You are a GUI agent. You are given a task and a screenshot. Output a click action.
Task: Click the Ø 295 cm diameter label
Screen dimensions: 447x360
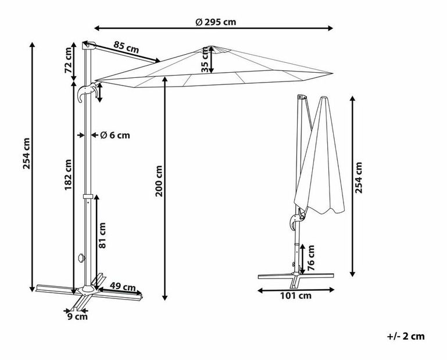point(216,22)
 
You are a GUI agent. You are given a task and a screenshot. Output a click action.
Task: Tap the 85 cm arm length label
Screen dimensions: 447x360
point(126,47)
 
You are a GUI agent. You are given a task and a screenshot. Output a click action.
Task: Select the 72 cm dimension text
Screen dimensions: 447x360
point(69,60)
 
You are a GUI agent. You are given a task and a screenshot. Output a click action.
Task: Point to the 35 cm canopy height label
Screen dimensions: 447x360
point(205,60)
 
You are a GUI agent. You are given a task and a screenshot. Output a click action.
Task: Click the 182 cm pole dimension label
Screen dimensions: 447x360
point(68,175)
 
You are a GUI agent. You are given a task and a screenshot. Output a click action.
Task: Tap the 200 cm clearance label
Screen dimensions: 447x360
point(159,181)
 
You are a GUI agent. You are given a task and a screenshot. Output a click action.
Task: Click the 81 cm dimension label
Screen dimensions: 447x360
point(102,236)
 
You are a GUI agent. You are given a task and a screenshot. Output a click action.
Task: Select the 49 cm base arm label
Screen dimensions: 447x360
point(123,286)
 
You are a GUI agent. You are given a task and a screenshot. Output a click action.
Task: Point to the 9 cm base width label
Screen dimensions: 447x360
point(77,316)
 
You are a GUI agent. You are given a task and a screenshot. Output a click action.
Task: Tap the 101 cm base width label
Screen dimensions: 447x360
point(296,296)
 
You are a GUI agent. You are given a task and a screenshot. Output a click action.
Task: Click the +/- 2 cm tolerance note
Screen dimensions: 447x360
point(406,336)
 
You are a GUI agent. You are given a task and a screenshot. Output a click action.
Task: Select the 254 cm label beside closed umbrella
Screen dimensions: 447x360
point(358,178)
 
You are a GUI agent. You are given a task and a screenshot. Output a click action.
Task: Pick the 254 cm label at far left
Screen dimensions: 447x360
point(27,153)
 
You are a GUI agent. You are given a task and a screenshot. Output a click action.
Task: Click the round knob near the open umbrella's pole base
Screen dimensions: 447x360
point(81,258)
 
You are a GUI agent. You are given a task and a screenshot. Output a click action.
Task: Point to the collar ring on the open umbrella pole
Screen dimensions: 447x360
point(88,197)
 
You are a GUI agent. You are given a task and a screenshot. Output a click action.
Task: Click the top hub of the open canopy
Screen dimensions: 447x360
point(212,49)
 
